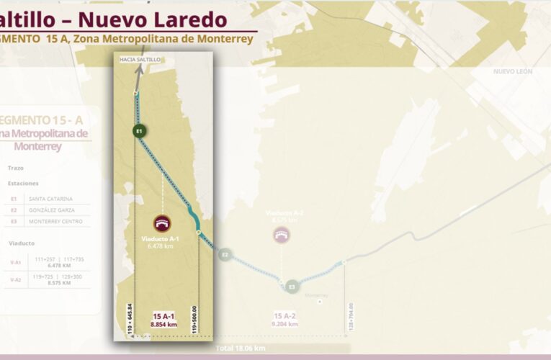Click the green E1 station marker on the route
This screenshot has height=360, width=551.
pos(140,130)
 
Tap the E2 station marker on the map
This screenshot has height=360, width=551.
pos(225,254)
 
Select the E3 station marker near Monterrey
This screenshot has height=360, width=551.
pos(291,287)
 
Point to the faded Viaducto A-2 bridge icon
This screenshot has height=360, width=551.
pos(282,234)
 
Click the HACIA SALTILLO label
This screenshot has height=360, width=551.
pos(140,59)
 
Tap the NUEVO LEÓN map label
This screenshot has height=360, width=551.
pos(513,71)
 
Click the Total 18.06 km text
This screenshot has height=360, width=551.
pos(241,348)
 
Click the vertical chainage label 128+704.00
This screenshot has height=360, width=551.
pos(351,317)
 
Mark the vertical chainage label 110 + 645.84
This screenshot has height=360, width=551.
pos(130,318)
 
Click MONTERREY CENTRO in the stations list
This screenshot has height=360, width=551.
pos(56,221)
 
